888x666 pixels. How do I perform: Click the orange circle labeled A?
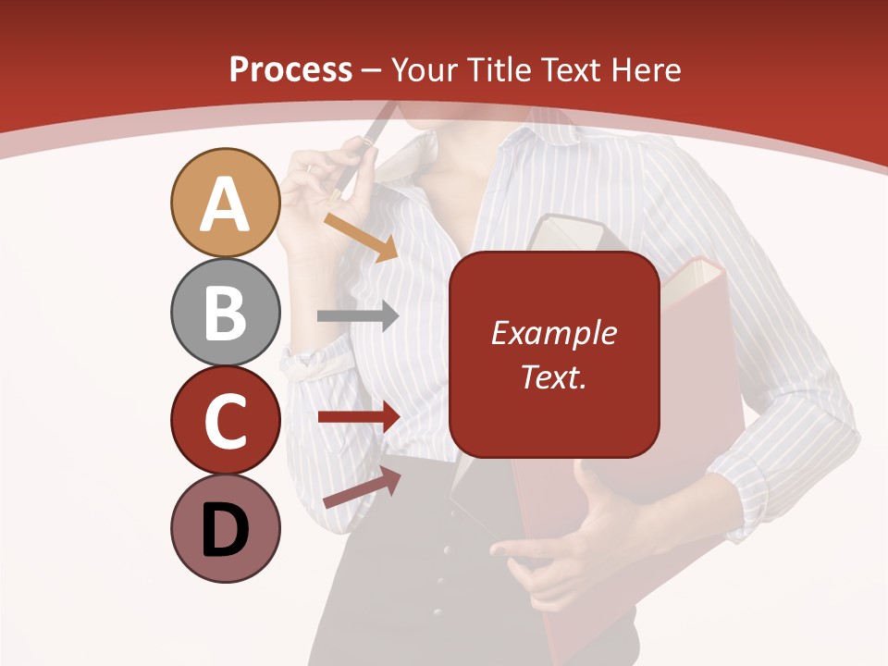[225, 203]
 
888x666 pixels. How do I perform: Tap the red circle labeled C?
[225, 420]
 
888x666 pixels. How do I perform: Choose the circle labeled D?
[225, 529]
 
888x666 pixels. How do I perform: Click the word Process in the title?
[290, 69]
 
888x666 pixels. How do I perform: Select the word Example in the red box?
[553, 333]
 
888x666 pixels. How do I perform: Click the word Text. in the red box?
[553, 376]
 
